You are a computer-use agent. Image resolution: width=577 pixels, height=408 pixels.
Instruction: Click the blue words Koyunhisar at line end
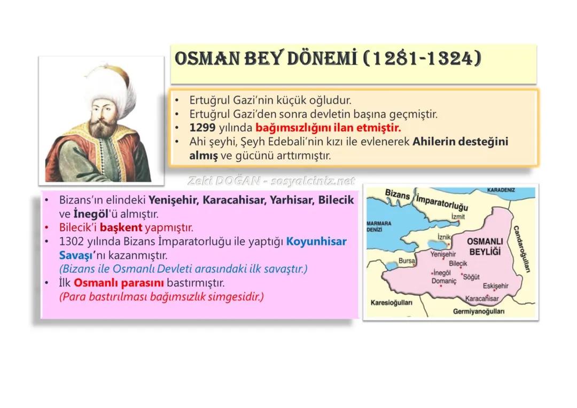click(316, 242)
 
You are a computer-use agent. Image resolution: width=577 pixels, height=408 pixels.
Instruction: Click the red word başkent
click(121, 228)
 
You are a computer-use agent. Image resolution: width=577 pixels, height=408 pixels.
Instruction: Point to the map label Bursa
click(407, 261)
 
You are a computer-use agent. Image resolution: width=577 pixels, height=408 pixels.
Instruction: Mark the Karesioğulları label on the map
click(391, 303)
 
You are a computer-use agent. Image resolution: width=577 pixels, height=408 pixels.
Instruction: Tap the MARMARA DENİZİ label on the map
click(377, 226)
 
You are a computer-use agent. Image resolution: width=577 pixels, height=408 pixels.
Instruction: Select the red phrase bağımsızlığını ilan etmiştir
click(328, 128)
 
